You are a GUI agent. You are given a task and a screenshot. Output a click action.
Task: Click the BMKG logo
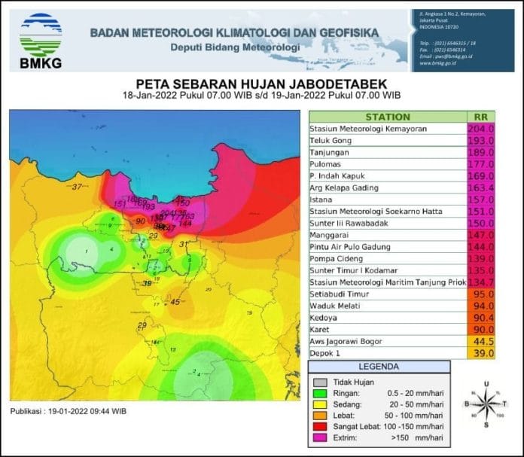tap(41, 40)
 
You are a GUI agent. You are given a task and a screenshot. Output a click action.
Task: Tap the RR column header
tap(480, 117)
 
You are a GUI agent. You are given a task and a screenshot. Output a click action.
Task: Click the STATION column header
tap(387, 117)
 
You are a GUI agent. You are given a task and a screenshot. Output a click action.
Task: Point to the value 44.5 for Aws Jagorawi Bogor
tap(481, 341)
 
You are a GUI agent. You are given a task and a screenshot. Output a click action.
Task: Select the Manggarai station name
tap(331, 235)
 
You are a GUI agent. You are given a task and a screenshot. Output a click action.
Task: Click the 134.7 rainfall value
tap(480, 282)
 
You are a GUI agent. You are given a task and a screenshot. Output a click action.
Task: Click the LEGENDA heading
tap(379, 366)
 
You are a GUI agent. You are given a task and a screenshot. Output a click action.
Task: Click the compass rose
tap(486, 404)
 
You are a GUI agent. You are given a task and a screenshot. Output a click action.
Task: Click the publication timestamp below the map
tap(68, 411)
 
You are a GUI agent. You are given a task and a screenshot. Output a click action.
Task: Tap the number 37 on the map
tap(77, 186)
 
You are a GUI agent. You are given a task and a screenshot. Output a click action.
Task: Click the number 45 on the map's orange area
tap(175, 302)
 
